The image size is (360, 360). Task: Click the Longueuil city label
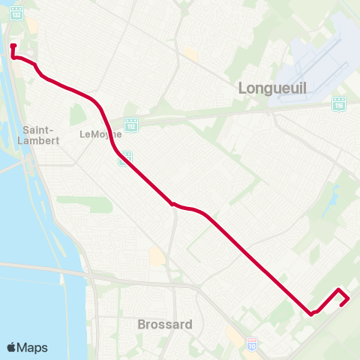pos(272,87)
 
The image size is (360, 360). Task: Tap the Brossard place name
pos(165,325)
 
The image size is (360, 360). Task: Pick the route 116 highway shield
pos(338,105)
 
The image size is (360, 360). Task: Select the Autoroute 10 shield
pos(251,343)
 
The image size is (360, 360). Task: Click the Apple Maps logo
pos(27,347)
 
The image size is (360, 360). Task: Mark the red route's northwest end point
pos(13,46)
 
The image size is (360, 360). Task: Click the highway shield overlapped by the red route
pos(127,157)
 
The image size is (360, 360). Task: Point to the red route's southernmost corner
pos(310,314)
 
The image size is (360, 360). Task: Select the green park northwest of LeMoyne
pos(76,114)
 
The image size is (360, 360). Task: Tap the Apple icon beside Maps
pos(11,347)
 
